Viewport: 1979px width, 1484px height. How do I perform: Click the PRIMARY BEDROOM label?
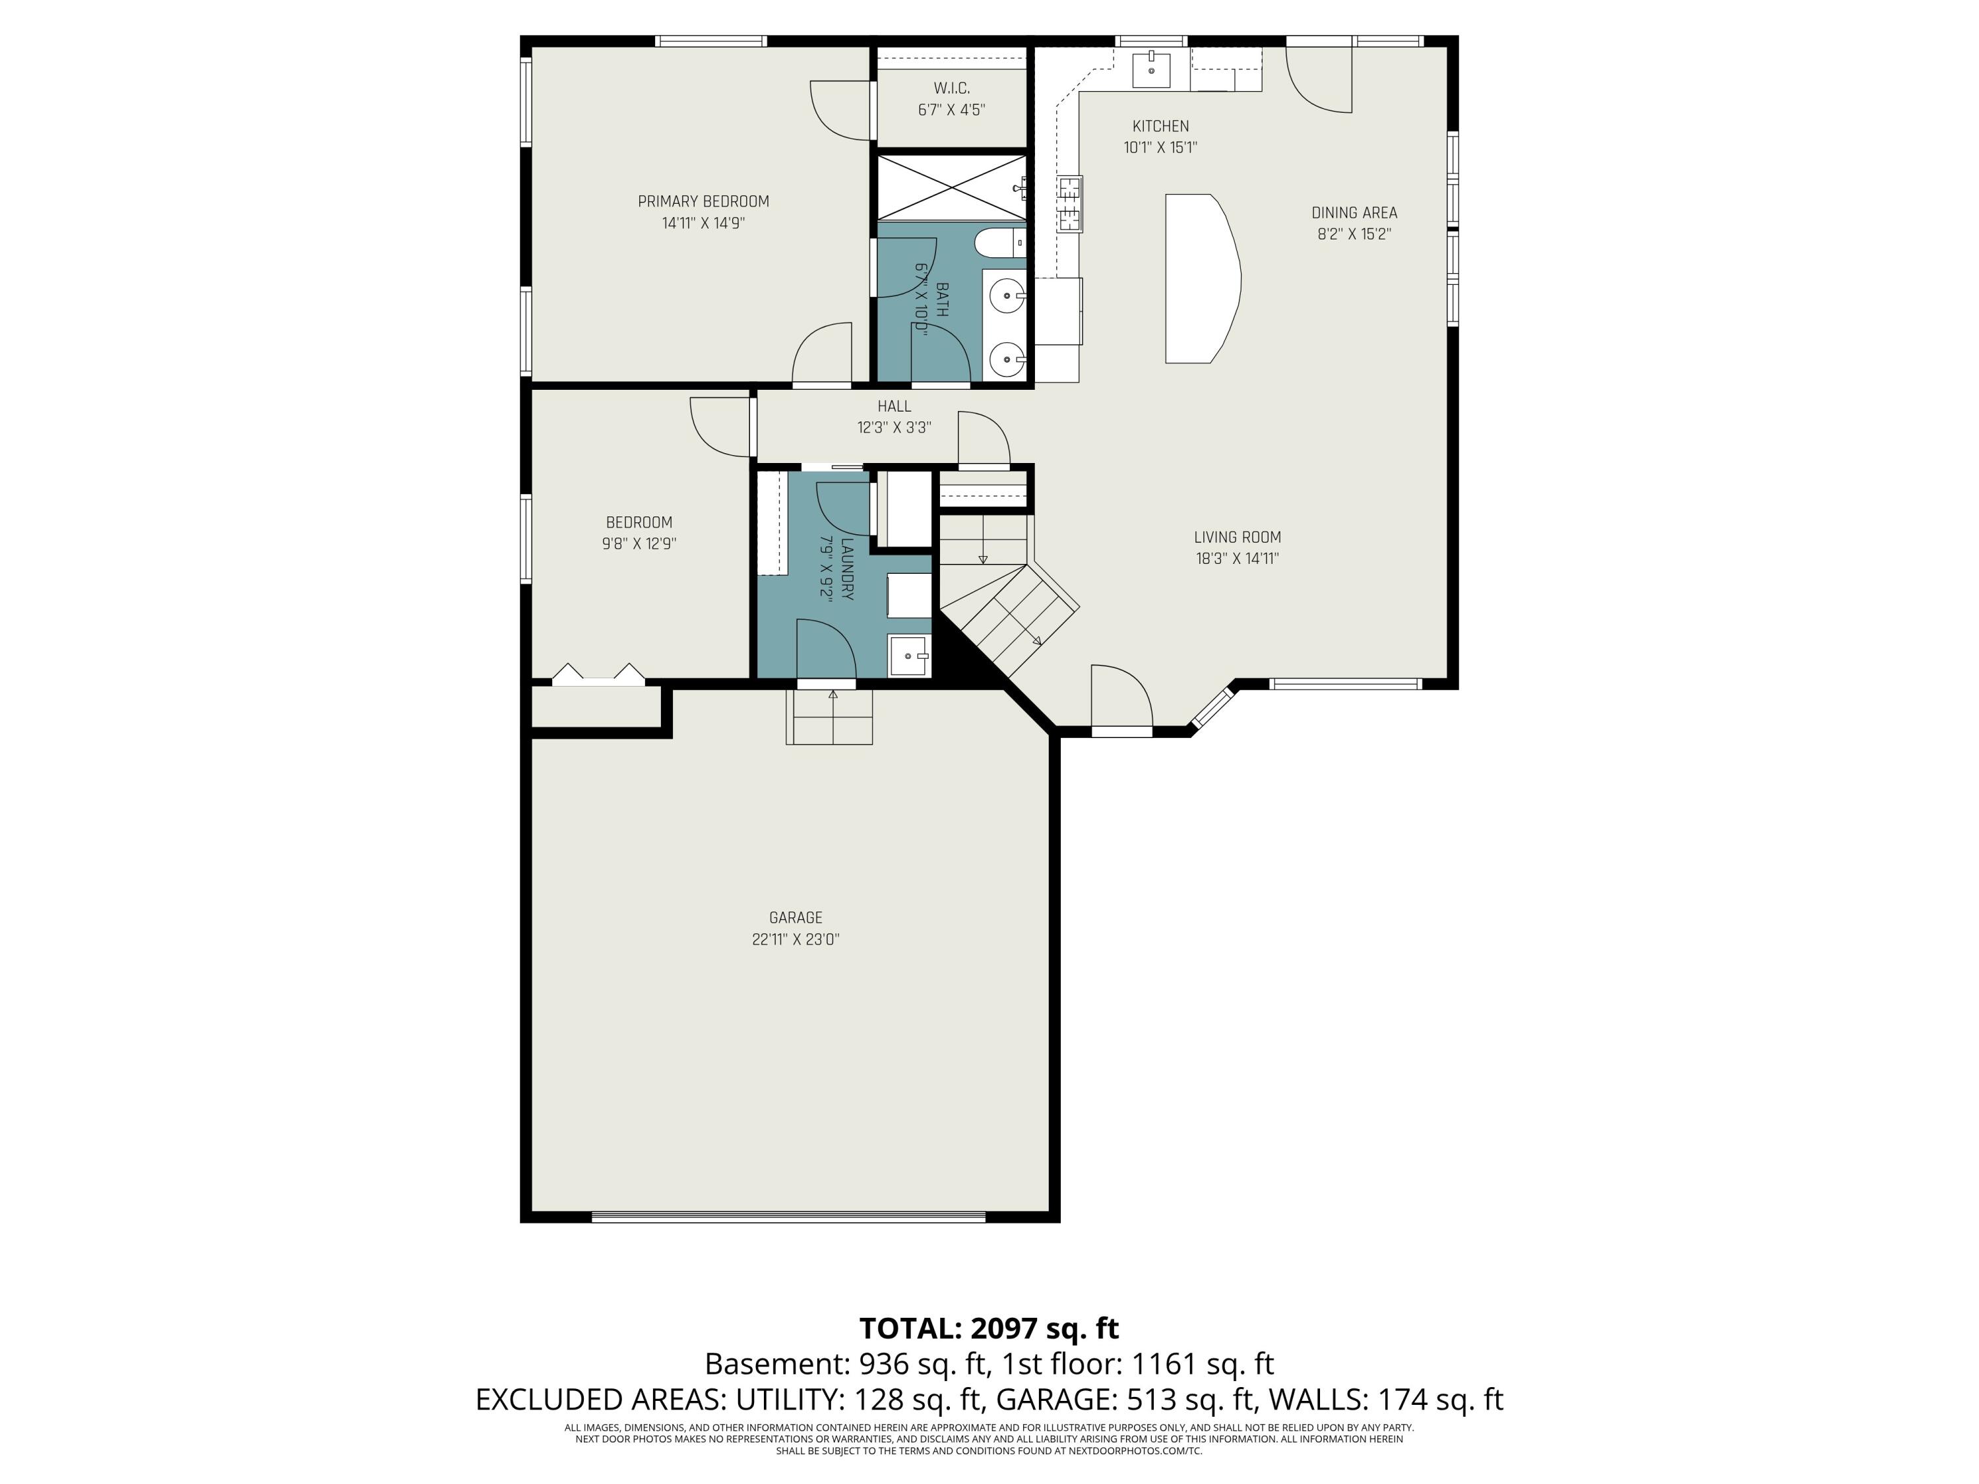pyautogui.click(x=703, y=201)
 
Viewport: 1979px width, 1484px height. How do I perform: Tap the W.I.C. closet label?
pyautogui.click(x=951, y=88)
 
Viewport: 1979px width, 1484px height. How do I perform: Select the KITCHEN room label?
pyautogui.click(x=1160, y=126)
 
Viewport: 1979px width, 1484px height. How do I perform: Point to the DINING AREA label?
pyautogui.click(x=1354, y=213)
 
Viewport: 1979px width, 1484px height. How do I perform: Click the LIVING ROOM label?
pyautogui.click(x=1238, y=538)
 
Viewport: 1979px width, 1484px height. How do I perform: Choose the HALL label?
pyautogui.click(x=894, y=406)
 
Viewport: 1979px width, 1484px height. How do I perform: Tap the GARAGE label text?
pyautogui.click(x=796, y=918)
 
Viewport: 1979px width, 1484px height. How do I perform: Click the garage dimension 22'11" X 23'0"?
pyautogui.click(x=796, y=939)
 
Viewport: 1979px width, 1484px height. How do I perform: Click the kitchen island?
pyautogui.click(x=1201, y=278)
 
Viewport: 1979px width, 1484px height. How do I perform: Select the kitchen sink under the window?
pyautogui.click(x=1150, y=69)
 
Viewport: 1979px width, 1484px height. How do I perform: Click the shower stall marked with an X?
pyautogui.click(x=951, y=187)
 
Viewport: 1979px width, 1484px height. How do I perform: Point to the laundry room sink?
pyautogui.click(x=910, y=656)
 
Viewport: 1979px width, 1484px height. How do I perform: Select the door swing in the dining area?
pyautogui.click(x=1319, y=78)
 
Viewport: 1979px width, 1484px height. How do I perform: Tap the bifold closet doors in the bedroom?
pyautogui.click(x=598, y=675)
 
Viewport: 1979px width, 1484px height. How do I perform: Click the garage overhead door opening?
pyautogui.click(x=788, y=1216)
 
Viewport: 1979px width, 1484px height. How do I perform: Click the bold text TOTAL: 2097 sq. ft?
pyautogui.click(x=989, y=1328)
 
